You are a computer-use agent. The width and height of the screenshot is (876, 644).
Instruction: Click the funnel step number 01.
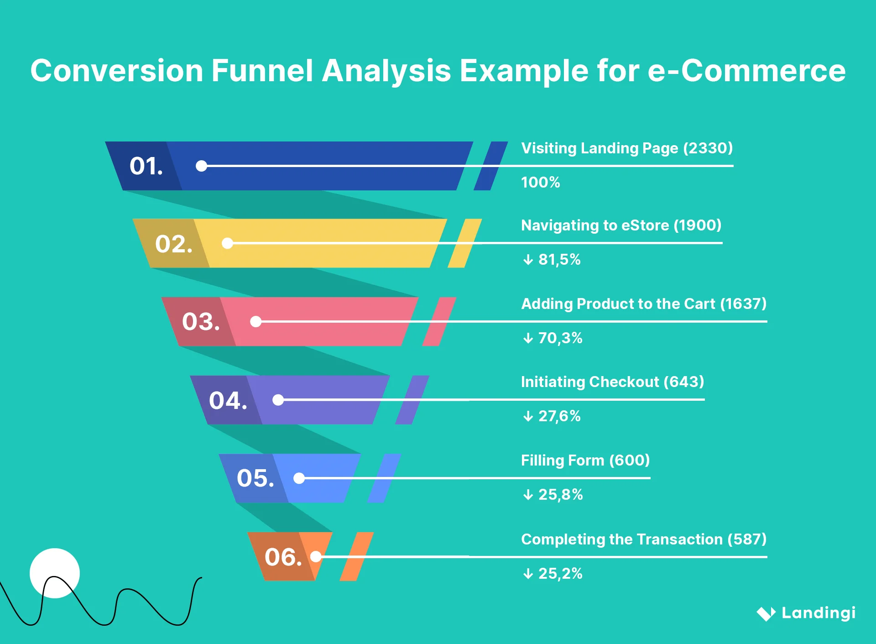(146, 166)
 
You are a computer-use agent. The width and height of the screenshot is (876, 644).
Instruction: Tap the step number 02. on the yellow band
(173, 244)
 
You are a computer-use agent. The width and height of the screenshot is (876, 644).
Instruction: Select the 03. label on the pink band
(201, 322)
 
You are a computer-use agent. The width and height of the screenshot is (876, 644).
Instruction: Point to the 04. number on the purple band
(228, 400)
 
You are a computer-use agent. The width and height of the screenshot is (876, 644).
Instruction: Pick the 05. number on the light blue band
(255, 478)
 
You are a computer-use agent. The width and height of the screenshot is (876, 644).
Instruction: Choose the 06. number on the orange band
(283, 557)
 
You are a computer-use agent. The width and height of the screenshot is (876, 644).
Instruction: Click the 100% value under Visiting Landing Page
(540, 183)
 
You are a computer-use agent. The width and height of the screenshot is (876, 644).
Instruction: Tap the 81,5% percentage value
(559, 260)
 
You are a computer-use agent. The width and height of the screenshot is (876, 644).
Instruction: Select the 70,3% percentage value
(560, 338)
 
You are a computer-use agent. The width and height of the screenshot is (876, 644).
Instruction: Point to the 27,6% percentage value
(559, 416)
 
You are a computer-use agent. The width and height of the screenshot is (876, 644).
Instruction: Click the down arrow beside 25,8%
(528, 495)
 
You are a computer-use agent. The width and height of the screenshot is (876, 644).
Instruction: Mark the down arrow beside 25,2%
(528, 574)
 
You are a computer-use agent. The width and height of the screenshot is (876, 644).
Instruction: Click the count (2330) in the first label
(708, 148)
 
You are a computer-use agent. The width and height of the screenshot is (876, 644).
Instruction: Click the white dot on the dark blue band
(201, 166)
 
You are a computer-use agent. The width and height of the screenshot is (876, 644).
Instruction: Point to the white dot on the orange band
(316, 556)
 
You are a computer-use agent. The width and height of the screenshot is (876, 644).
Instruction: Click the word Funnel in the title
(262, 71)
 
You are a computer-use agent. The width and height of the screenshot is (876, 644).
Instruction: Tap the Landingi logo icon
(766, 613)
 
